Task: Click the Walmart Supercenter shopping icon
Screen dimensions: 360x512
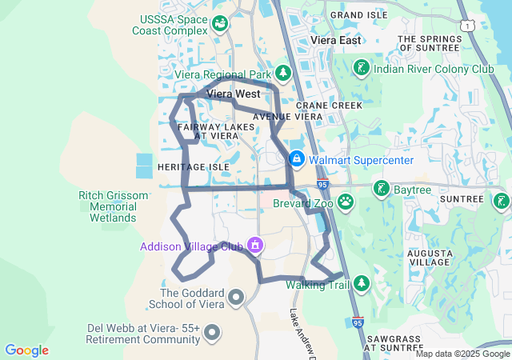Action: [297, 159]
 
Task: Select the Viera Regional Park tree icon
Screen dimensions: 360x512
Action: [285, 74]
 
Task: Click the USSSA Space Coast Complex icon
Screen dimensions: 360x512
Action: [219, 22]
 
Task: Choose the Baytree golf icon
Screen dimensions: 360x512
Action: [382, 189]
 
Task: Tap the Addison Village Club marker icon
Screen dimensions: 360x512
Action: [254, 243]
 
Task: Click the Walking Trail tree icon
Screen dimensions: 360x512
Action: [362, 283]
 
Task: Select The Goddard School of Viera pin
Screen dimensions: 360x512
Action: [236, 298]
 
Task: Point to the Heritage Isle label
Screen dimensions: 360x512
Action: [194, 166]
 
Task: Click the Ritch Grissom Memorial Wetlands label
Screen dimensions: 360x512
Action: [114, 206]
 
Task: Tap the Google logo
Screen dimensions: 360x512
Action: [26, 350]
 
